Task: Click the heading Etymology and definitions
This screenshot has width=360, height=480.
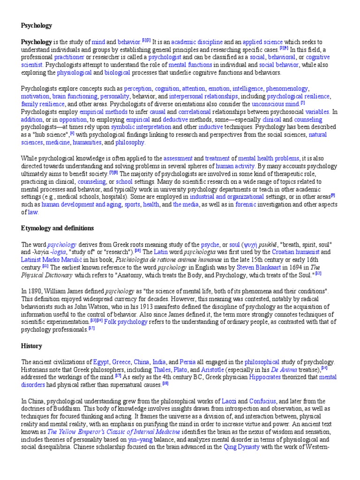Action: click(58, 228)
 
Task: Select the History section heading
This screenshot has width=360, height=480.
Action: click(31, 346)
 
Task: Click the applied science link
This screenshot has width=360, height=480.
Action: click(262, 42)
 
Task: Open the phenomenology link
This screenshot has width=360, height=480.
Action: click(287, 88)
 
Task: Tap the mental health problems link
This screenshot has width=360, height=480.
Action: click(270, 158)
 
